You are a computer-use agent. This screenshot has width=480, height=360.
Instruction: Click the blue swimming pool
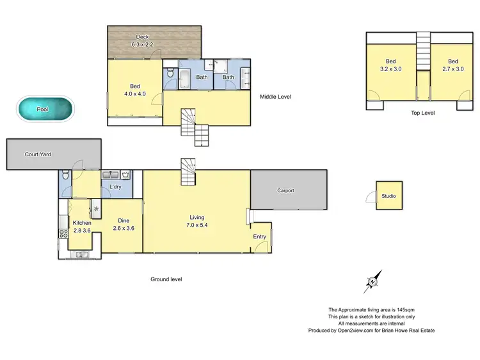[44, 109]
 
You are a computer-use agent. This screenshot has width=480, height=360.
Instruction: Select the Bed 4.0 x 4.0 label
[135, 90]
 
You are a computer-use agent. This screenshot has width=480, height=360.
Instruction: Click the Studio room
[389, 196]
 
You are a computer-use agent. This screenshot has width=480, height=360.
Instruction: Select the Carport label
[285, 190]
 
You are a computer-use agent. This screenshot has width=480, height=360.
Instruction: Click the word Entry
[259, 236]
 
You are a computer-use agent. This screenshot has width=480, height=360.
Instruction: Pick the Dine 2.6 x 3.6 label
[123, 224]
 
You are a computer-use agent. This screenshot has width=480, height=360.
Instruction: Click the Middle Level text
[275, 97]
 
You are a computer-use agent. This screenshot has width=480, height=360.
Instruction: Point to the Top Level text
[422, 113]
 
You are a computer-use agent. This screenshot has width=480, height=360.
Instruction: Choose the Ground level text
[166, 279]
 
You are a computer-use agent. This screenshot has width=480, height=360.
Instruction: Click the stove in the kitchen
[63, 234]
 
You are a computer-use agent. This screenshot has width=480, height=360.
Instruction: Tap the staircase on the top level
[423, 48]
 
